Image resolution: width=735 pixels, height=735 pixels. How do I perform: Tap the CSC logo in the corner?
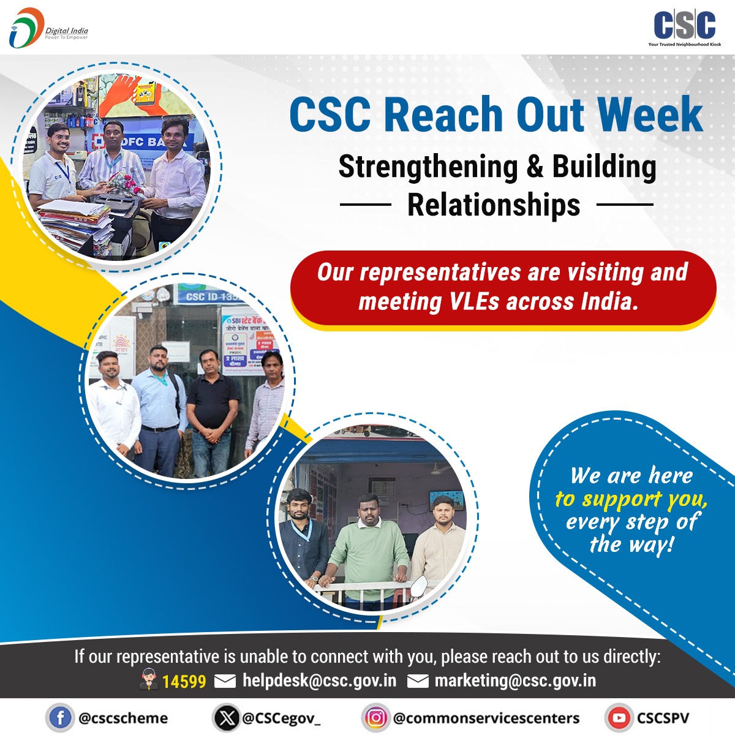coord(684,28)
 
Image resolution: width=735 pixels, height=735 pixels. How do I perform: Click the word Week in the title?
coord(650,114)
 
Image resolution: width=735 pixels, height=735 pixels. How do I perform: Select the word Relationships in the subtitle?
coord(494,205)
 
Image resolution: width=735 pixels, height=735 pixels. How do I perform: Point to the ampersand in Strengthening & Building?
coord(535,167)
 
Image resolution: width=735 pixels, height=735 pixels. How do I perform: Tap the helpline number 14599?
coord(184,681)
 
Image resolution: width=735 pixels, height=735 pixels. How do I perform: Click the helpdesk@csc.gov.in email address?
coord(319,680)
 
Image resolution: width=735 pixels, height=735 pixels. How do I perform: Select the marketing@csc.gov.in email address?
coord(514,680)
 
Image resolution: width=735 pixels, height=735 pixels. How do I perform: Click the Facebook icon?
coord(60,718)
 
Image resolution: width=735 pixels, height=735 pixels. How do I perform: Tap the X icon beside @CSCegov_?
coord(227,718)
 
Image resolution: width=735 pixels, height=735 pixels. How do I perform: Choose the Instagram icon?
coord(375,718)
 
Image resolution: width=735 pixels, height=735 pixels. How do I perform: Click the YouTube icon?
coord(619,718)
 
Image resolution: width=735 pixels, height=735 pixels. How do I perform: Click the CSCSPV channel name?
coord(663,718)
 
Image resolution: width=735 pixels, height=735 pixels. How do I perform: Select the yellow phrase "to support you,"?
coord(631,500)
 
